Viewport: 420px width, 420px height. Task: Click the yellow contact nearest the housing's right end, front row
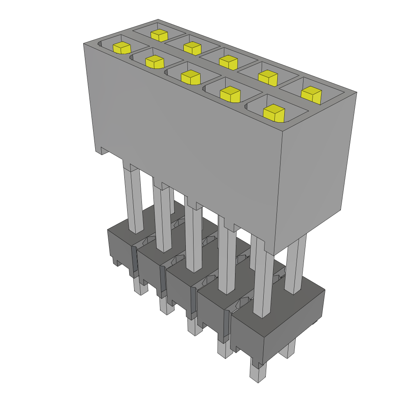click(274, 113)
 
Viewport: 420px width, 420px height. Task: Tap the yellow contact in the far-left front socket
click(122, 48)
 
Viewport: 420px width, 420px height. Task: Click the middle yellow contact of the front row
click(190, 77)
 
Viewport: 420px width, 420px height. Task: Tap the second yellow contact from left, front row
click(155, 62)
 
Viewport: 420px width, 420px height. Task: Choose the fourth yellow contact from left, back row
click(268, 78)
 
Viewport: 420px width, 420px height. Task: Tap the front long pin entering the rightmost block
click(262, 283)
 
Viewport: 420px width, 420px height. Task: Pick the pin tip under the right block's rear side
click(287, 349)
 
